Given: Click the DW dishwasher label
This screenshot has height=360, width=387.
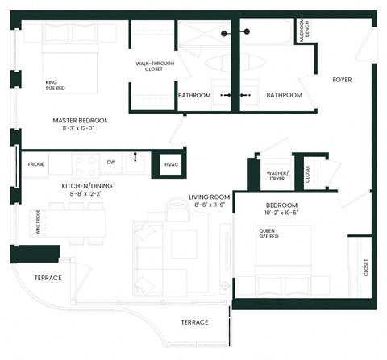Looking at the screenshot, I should (110, 162).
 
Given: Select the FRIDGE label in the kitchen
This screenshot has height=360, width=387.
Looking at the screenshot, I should (35, 164).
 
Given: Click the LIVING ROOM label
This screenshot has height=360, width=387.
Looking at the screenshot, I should (210, 197).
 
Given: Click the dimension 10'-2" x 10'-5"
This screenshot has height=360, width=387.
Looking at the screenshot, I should (282, 213).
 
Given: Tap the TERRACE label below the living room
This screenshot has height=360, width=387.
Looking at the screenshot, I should (194, 321).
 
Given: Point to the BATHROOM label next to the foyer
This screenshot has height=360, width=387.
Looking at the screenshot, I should (284, 95).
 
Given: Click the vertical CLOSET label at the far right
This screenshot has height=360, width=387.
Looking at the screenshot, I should (365, 268).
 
